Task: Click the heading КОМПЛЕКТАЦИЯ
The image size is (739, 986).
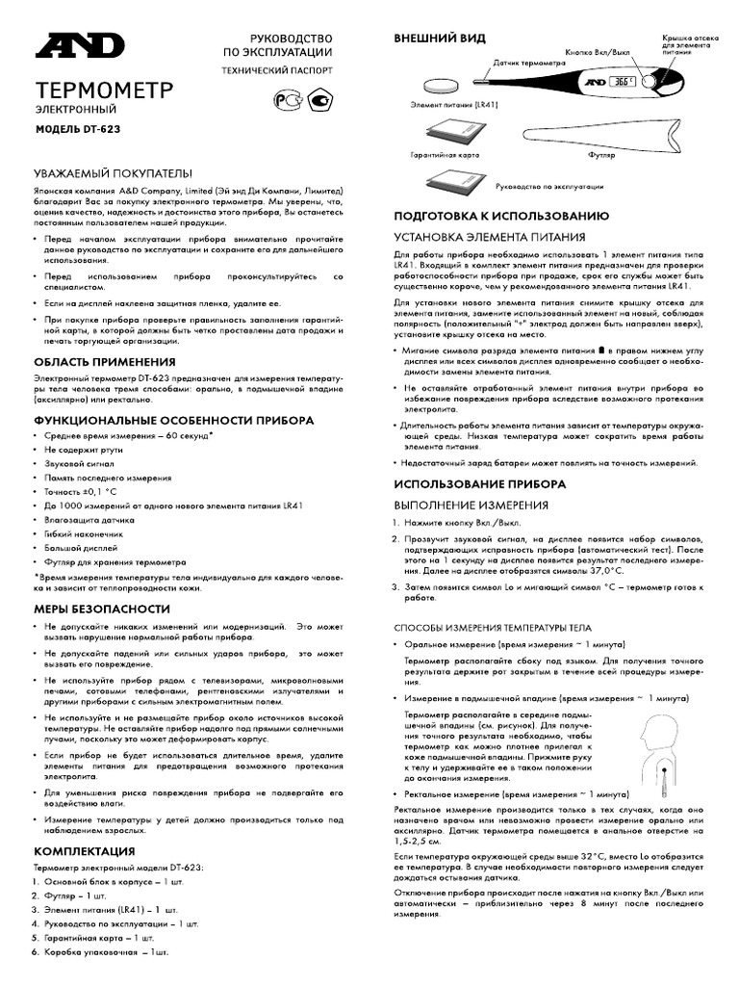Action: [84, 851]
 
